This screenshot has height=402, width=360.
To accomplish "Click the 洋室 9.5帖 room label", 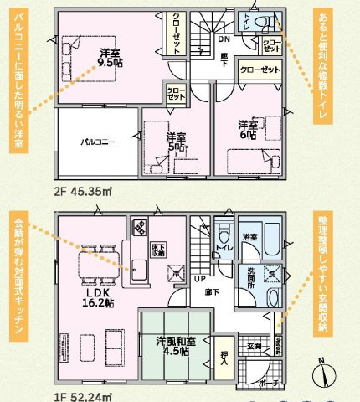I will [108, 56].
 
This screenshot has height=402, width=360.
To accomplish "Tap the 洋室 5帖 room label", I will [175, 142].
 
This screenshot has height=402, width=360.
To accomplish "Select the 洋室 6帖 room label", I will [248, 128].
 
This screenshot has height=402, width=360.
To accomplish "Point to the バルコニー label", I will [97, 142].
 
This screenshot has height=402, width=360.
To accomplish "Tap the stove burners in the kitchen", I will [139, 225].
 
